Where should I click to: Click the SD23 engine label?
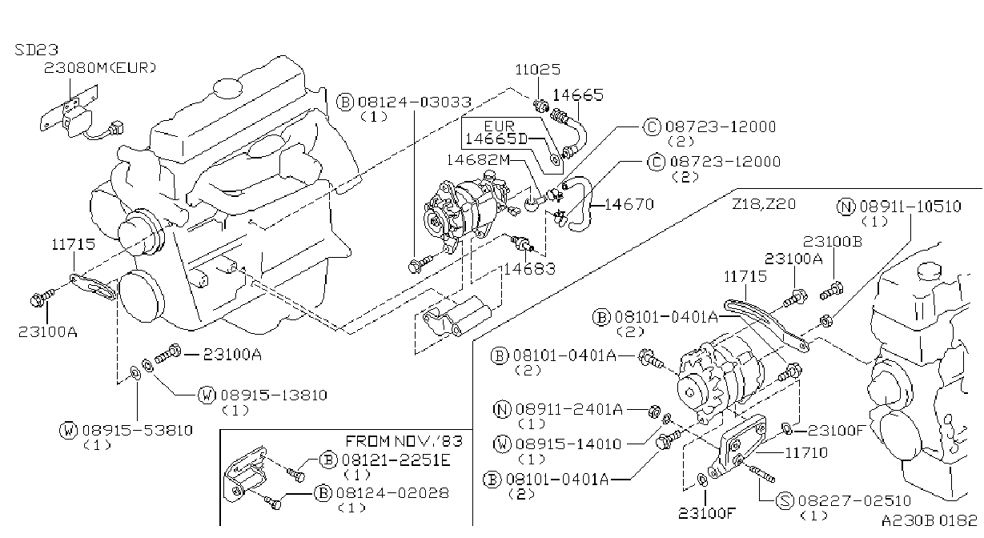coord(37,50)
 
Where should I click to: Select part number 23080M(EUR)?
coord(100,68)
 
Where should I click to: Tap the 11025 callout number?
coord(538,70)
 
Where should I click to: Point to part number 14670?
coord(629,204)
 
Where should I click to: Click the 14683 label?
coord(529,268)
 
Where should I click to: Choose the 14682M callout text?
coord(478,160)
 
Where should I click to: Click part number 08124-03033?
coord(415,102)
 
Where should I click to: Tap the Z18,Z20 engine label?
coord(764,204)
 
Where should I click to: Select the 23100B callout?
coord(833,242)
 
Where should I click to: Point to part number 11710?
coord(806,452)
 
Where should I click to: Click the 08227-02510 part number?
coord(854,500)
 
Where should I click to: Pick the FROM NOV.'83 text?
coord(404,441)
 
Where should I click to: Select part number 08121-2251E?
coord(396,460)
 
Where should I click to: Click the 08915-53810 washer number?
coord(138,431)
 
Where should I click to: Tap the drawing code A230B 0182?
coord(930,520)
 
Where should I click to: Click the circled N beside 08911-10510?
coord(846,207)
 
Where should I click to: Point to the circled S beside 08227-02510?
coord(785,501)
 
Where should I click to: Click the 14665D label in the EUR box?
coord(496,139)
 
